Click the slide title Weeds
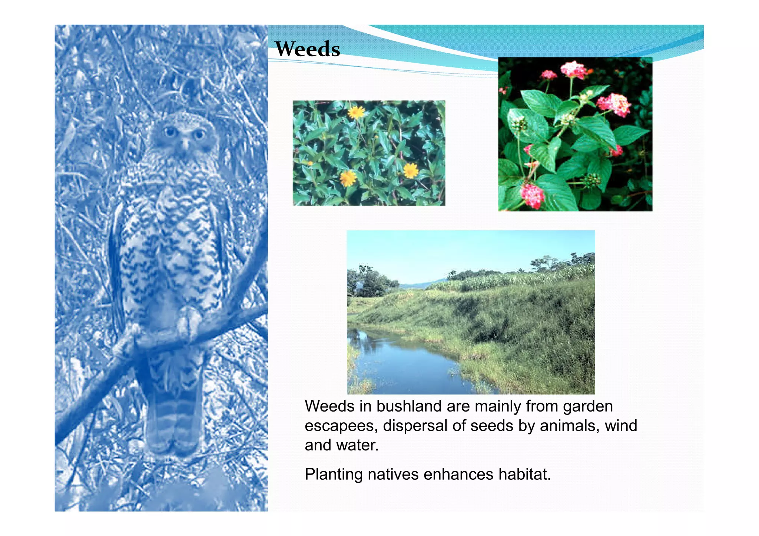(307, 49)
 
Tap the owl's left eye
(170, 131)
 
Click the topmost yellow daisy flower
(356, 112)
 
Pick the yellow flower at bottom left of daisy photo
(348, 178)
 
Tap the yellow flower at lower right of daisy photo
(411, 171)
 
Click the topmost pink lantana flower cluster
(573, 70)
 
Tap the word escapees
(341, 426)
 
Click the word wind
(621, 426)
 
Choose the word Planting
(334, 475)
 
